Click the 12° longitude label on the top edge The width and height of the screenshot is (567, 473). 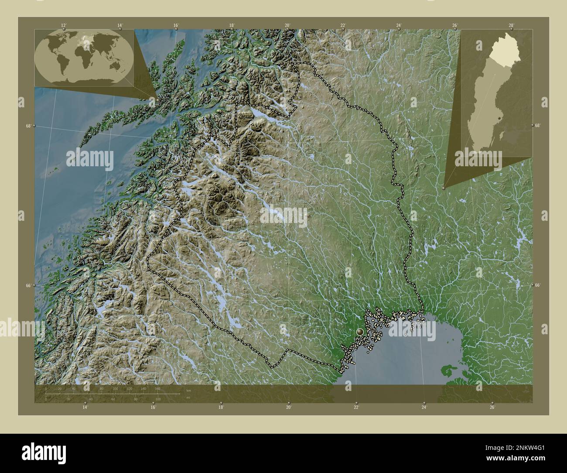pyautogui.click(x=64, y=25)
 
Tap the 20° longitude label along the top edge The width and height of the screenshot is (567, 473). pyautogui.click(x=287, y=25)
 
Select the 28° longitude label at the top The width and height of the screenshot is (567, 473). pyautogui.click(x=511, y=25)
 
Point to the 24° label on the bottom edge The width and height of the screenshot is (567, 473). pyautogui.click(x=424, y=407)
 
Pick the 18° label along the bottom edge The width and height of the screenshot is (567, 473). pyautogui.click(x=221, y=407)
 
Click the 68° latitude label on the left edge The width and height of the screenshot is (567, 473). pyautogui.click(x=28, y=126)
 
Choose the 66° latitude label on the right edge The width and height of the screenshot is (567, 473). pyautogui.click(x=537, y=285)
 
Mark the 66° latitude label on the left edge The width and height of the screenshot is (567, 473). pyautogui.click(x=28, y=285)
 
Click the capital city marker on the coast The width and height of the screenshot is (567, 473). pyautogui.click(x=360, y=332)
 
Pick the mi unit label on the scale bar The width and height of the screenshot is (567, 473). pyautogui.click(x=188, y=398)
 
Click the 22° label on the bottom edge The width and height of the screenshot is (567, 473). pyautogui.click(x=356, y=407)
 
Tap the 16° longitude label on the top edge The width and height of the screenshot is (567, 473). pyautogui.click(x=176, y=25)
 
